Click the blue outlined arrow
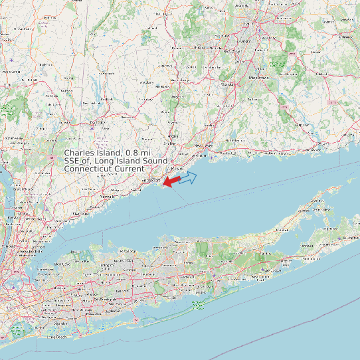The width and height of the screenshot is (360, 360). pos(189,177)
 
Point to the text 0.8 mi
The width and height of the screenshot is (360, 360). pos(137,153)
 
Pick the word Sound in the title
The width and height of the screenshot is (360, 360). pos(156,161)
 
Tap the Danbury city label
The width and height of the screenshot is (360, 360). pos(98,123)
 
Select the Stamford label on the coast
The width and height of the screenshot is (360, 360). pos(80,213)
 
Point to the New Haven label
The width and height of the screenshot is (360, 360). pos(202,145)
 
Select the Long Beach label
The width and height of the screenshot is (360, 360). pos(58,337)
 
